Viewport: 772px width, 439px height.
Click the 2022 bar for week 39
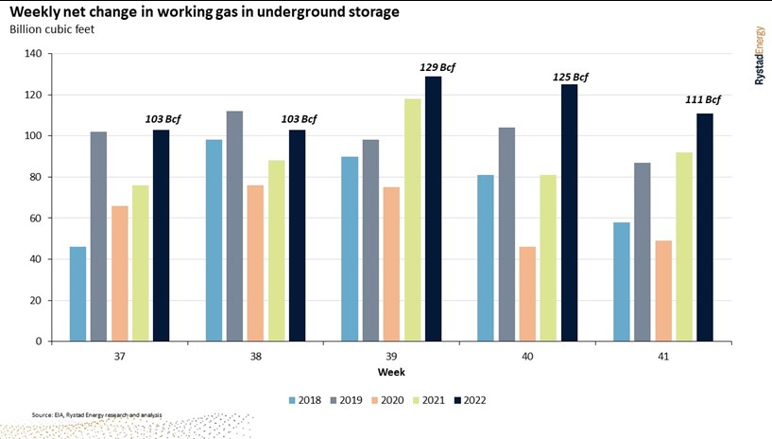433,209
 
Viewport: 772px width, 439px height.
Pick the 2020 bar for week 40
527,294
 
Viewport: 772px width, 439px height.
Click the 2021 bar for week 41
684,247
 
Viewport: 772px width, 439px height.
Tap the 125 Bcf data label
570,77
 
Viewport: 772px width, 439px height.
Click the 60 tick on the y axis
34,219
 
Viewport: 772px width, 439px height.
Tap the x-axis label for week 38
255,357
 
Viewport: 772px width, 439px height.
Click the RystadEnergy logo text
759,58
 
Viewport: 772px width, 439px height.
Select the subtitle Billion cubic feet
54,29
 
